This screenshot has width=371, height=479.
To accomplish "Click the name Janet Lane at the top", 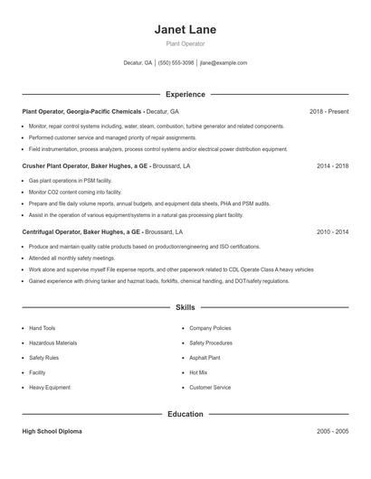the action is click(185, 30).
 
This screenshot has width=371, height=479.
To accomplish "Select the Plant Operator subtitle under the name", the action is click(185, 43).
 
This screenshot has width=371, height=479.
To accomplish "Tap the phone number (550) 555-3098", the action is click(176, 63).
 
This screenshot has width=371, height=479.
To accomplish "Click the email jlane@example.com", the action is click(224, 63).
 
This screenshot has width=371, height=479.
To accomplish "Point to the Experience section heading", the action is click(185, 94).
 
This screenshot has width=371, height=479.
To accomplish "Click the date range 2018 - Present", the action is click(328, 111).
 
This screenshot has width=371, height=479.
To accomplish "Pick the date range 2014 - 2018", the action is click(332, 166).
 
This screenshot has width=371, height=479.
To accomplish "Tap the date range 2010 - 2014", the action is click(332, 231).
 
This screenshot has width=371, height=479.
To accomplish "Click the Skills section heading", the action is click(185, 308).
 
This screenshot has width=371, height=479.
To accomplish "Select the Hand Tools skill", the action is click(43, 328).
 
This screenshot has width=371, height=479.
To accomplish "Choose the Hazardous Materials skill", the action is click(52, 343).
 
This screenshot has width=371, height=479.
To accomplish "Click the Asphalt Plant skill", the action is click(205, 358).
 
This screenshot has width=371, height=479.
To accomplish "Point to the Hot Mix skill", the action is click(198, 372).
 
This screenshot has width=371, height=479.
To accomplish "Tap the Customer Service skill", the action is click(210, 388).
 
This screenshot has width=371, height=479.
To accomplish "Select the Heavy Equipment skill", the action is click(49, 388).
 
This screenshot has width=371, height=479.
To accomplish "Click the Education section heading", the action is click(185, 414).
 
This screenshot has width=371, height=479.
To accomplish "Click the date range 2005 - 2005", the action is click(332, 432).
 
